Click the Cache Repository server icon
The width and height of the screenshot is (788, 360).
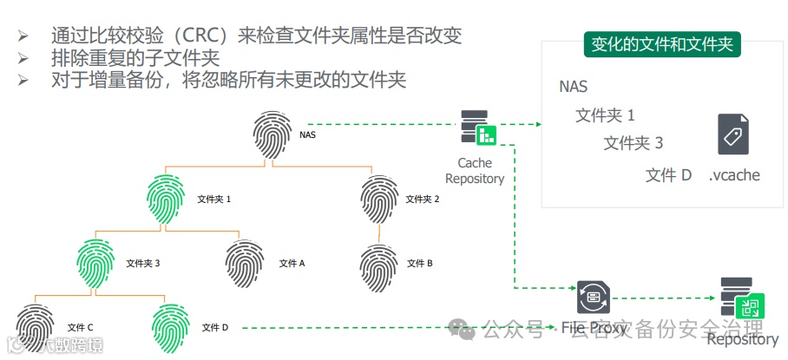pyautogui.click(x=478, y=128)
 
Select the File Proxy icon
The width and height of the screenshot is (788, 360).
pyautogui.click(x=594, y=299)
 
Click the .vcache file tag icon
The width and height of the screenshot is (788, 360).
pyautogui.click(x=733, y=134)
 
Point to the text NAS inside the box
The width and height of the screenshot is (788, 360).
pyautogui.click(x=574, y=87)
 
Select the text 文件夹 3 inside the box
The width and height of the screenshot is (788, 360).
pyautogui.click(x=634, y=143)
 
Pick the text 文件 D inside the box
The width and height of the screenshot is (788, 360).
pyautogui.click(x=668, y=174)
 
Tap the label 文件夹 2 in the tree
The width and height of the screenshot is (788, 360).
pyautogui.click(x=424, y=200)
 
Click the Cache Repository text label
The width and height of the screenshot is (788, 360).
pyautogui.click(x=474, y=171)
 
